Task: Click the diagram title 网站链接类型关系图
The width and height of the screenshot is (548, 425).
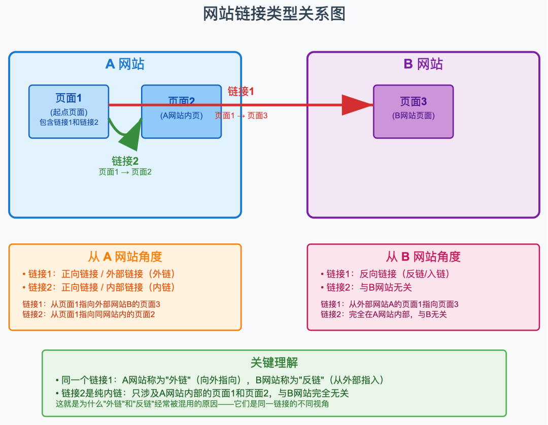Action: [x=274, y=14]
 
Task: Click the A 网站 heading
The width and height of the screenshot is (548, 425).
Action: [x=125, y=64]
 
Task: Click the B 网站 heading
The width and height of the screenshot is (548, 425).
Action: [x=423, y=64]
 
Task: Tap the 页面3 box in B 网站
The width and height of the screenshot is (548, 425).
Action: [x=413, y=112]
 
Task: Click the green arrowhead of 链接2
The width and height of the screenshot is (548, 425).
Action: [x=133, y=134]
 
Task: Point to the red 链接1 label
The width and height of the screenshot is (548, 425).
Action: [x=241, y=91]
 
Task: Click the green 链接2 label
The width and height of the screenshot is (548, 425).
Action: [x=125, y=161]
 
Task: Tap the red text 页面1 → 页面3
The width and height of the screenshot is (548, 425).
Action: [x=241, y=116]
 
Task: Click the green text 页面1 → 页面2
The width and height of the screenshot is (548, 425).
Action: [x=125, y=172]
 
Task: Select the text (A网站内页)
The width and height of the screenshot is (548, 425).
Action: [x=181, y=116]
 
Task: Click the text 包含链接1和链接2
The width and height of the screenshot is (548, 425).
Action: [x=68, y=122]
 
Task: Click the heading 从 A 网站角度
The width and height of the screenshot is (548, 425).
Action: [x=125, y=257]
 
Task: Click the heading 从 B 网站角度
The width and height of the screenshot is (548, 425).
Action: [x=423, y=257]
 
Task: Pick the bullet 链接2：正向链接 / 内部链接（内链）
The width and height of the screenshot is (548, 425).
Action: [x=99, y=287]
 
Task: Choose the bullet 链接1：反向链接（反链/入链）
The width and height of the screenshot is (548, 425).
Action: [x=386, y=274]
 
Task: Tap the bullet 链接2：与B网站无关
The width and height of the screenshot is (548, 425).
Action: [x=366, y=287]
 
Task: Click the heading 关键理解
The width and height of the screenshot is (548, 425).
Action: [x=274, y=363]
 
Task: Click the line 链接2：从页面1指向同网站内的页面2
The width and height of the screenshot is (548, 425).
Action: [x=89, y=314]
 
